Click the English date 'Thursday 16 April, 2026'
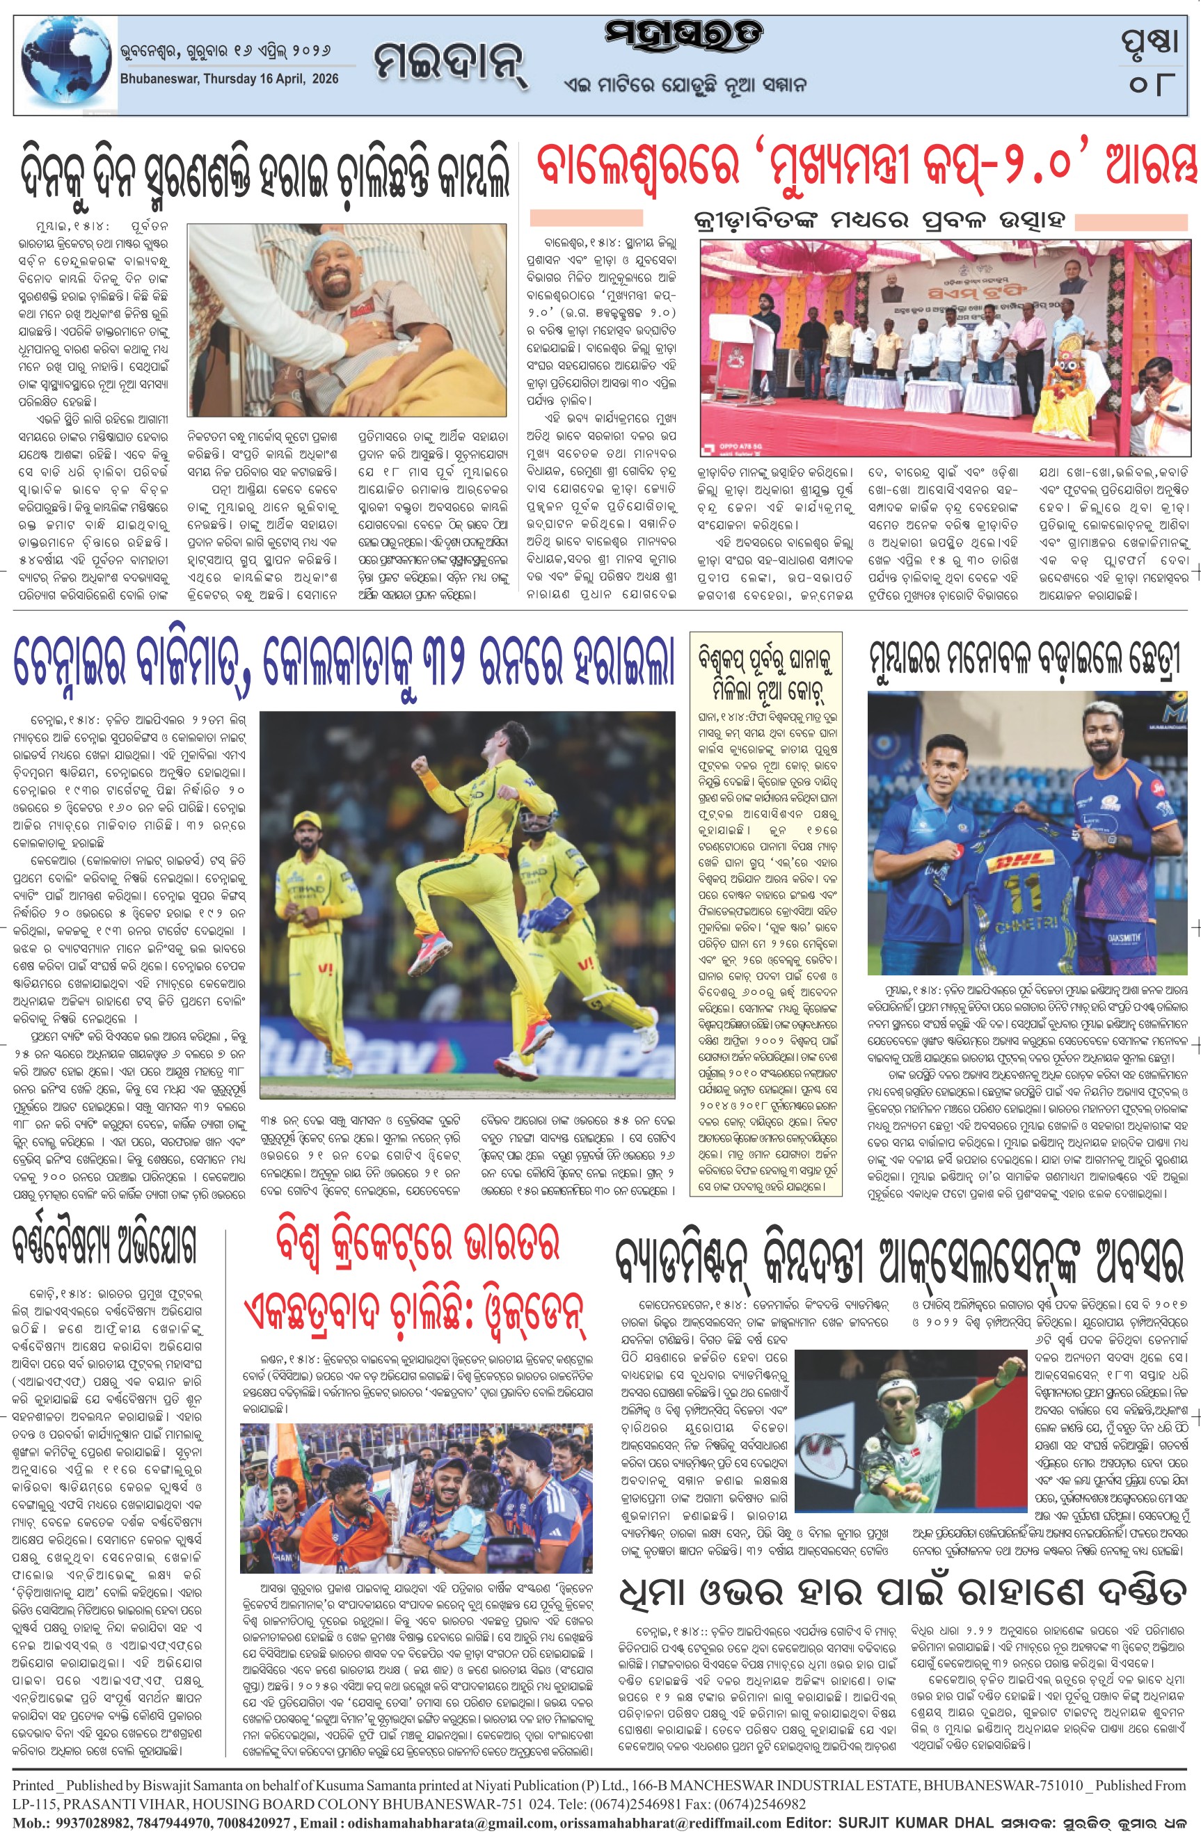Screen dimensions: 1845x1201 point(230,79)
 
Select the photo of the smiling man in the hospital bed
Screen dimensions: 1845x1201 point(347,319)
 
